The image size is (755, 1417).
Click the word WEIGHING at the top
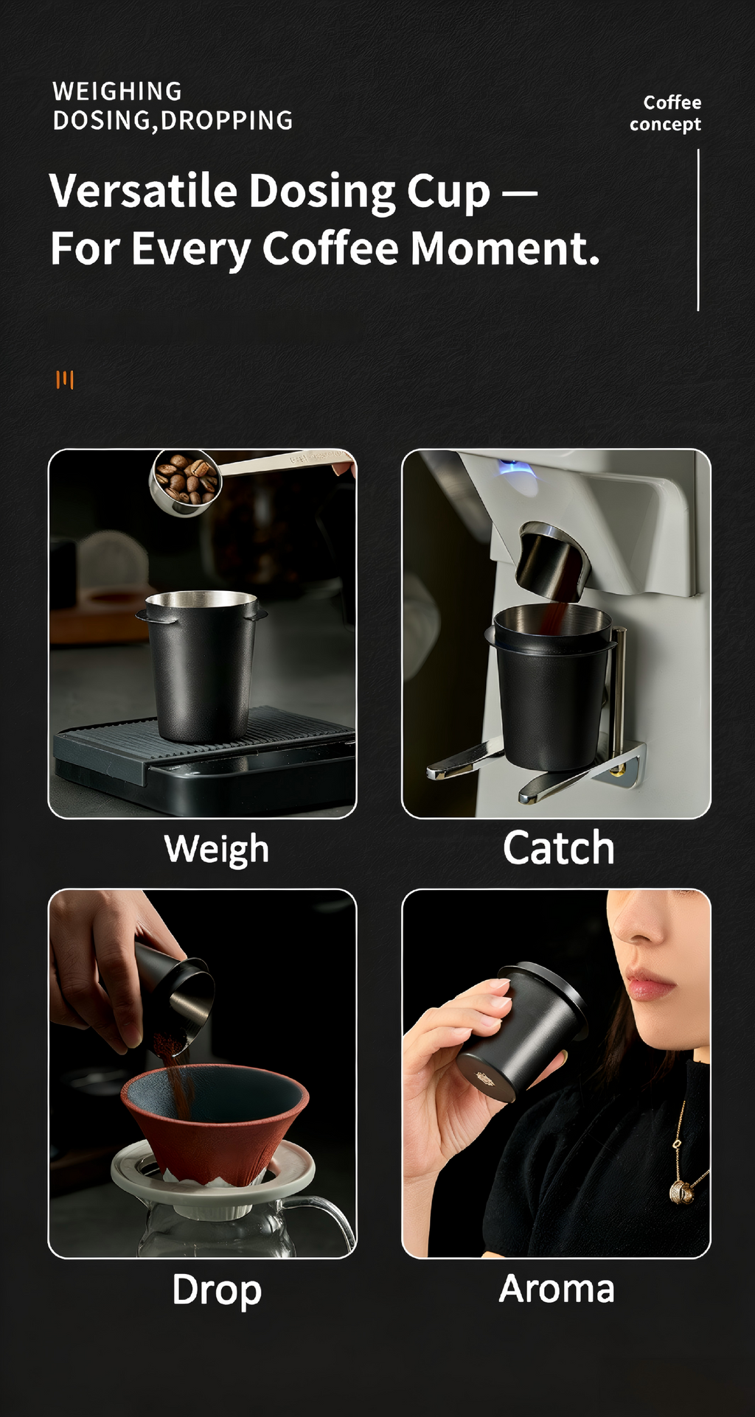pyautogui.click(x=117, y=91)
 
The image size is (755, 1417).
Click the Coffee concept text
pyautogui.click(x=666, y=113)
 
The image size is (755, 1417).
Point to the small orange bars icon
pyautogui.click(x=65, y=379)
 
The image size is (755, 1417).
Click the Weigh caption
pyautogui.click(x=216, y=849)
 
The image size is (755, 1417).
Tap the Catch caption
pyautogui.click(x=558, y=848)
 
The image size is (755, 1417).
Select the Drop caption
pyautogui.click(x=217, y=1290)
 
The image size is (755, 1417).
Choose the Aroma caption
pyautogui.click(x=557, y=1289)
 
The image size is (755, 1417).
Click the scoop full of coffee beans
pyautogui.click(x=185, y=480)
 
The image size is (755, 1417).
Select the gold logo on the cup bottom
pyautogui.click(x=484, y=1080)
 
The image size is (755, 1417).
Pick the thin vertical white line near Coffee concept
pyautogui.click(x=697, y=230)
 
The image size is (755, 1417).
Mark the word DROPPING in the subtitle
pyautogui.click(x=226, y=121)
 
